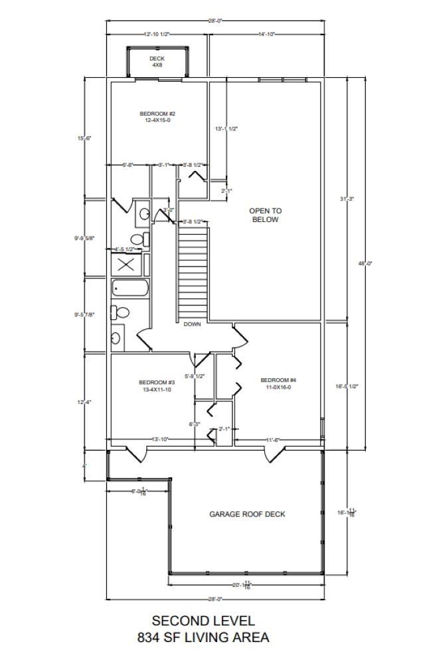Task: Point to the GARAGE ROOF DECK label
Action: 247,514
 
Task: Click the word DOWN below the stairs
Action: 193,324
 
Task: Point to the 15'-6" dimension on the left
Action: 84,138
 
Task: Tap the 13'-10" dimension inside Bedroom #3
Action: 160,439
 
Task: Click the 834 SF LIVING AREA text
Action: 203,637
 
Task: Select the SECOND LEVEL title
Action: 203,621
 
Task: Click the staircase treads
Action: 193,273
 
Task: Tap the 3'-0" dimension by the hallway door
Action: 169,210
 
